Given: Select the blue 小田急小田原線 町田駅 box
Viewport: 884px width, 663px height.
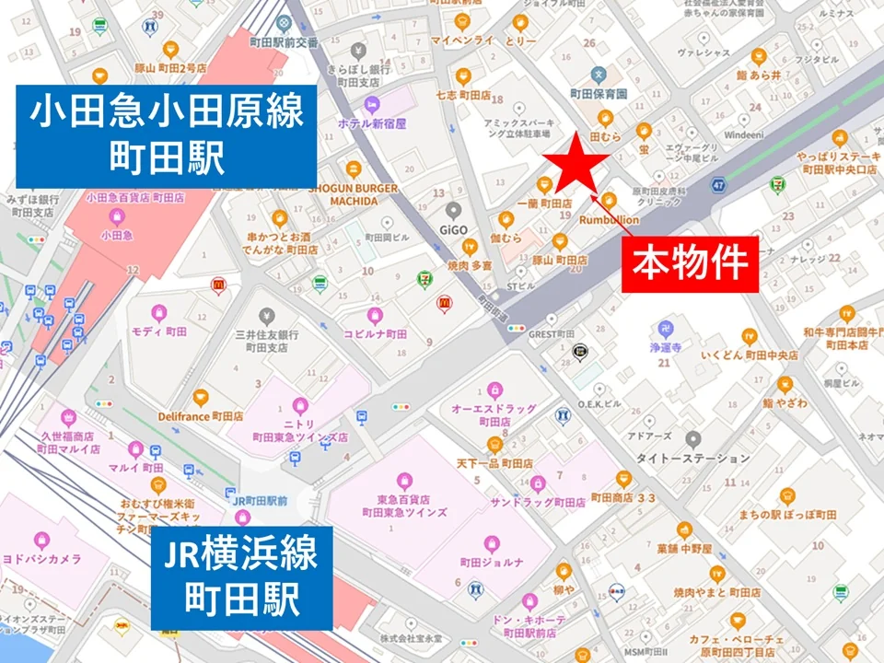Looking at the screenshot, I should pyautogui.click(x=166, y=135).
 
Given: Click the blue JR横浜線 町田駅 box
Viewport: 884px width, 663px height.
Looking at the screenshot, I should pyautogui.click(x=241, y=578).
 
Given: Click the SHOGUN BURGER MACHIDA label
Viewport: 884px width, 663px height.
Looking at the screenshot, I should pyautogui.click(x=354, y=194).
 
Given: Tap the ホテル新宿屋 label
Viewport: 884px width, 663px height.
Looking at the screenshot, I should pyautogui.click(x=373, y=123).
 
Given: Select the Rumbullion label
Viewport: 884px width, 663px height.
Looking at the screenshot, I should pyautogui.click(x=609, y=220).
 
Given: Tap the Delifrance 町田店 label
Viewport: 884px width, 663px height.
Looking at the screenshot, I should pyautogui.click(x=200, y=415).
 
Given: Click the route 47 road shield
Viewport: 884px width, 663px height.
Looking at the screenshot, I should pyautogui.click(x=718, y=187).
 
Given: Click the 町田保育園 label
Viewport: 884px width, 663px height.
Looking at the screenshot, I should pyautogui.click(x=598, y=93).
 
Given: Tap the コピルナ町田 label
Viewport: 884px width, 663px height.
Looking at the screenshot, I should pyautogui.click(x=375, y=334).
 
